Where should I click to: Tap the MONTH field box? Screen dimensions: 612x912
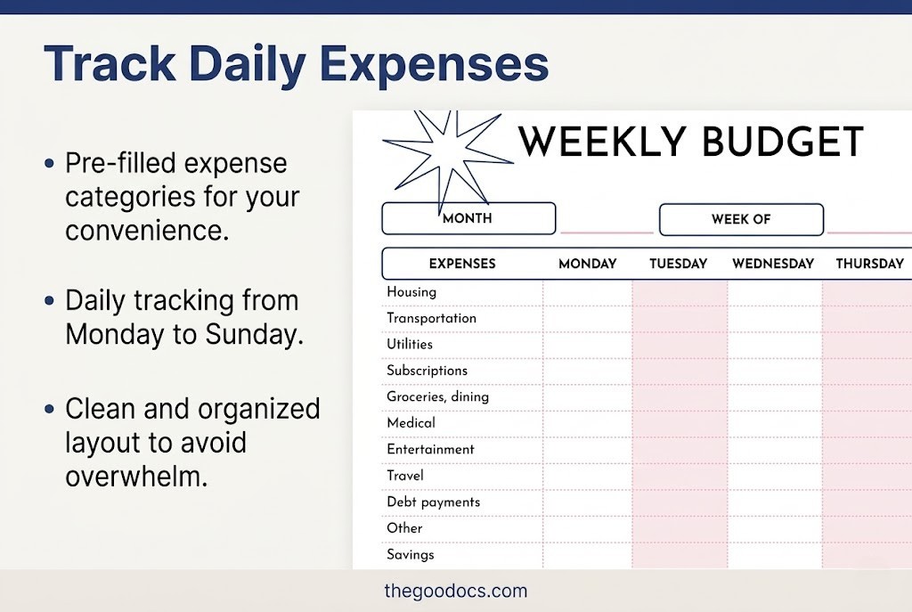[468, 218]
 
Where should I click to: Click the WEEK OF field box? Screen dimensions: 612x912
[741, 219]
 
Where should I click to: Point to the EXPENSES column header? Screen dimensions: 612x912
[462, 264]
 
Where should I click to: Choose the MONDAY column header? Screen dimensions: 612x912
[588, 264]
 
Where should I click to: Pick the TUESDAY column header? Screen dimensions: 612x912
[678, 264]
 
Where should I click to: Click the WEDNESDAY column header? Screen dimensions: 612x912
[773, 264]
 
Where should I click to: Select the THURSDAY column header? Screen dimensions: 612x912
[869, 264]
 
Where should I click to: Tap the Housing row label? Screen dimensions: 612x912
[411, 291]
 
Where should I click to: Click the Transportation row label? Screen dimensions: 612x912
[431, 318]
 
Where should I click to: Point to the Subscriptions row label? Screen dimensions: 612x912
[427, 371]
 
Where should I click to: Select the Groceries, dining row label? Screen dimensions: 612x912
[437, 396]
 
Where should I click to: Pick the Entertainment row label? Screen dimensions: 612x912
[430, 449]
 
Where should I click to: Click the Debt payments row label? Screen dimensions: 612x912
[433, 502]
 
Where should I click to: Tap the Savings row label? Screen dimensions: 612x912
[411, 554]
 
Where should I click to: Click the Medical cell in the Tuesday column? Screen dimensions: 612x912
[680, 423]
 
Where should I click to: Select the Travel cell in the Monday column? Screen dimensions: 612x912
[588, 476]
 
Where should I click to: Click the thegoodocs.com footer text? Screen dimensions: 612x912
[456, 591]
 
